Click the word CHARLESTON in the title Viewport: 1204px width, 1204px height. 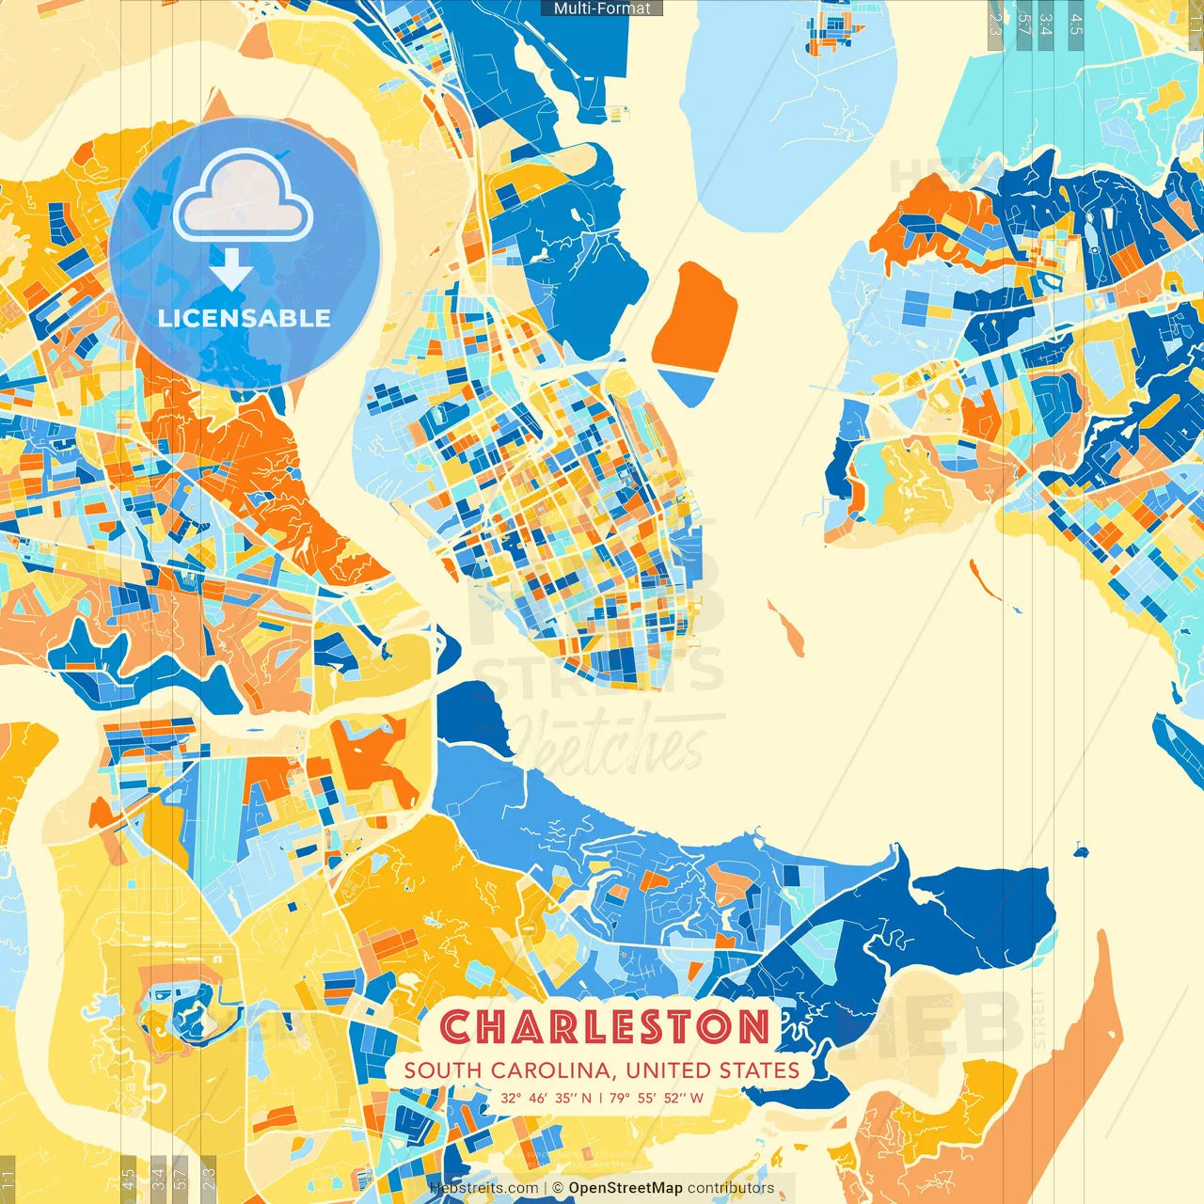coord(605,1027)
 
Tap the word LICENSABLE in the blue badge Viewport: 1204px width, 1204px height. coord(244,318)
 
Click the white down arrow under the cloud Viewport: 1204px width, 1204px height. coord(230,271)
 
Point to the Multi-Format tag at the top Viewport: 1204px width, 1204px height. coord(602,8)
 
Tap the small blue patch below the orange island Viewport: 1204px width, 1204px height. coord(686,386)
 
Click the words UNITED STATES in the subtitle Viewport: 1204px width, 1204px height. coord(712,1070)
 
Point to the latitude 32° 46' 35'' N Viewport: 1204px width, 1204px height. coord(546,1098)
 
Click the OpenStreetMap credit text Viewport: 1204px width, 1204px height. coord(625,1188)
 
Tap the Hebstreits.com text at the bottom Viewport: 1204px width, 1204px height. coord(483,1188)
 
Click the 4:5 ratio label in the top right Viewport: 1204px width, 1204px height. coord(1076,24)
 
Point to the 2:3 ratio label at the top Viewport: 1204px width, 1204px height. coord(994,24)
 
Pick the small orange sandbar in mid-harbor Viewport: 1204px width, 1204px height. coord(785,628)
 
